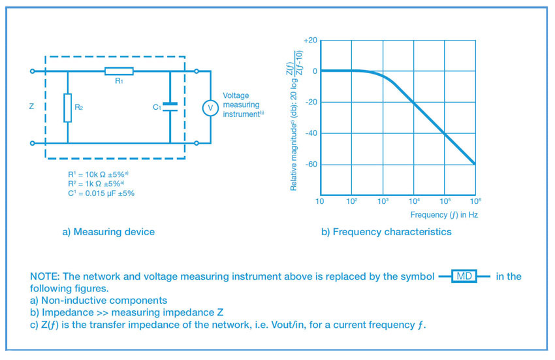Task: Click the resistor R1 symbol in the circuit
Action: pos(119,71)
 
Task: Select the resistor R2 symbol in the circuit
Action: pos(67,107)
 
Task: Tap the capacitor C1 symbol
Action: pos(169,107)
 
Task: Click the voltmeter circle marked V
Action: pos(210,108)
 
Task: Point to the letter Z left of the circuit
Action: pos(31,106)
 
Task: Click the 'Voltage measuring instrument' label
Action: pos(242,105)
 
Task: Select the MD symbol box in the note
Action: pos(464,276)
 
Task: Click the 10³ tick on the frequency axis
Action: pos(383,201)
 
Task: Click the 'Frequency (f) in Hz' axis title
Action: pos(444,215)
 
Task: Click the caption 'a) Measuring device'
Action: pos(108,232)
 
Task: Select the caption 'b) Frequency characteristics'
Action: pos(386,232)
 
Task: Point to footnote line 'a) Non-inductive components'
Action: pos(99,301)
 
